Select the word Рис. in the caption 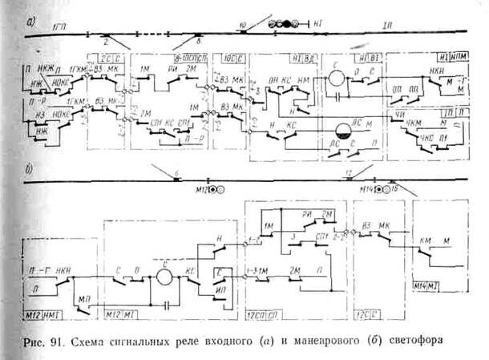click(x=36, y=339)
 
